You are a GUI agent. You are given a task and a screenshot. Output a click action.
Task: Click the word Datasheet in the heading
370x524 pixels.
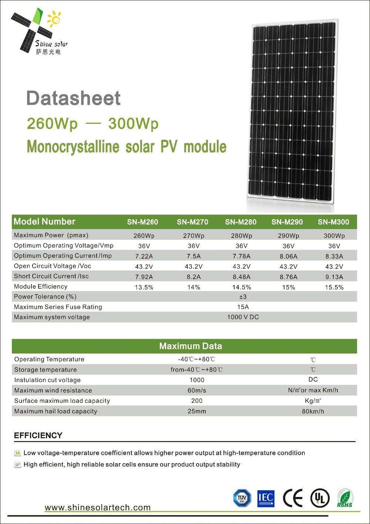click(x=73, y=98)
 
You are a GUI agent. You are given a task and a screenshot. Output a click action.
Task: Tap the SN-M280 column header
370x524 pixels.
click(x=240, y=222)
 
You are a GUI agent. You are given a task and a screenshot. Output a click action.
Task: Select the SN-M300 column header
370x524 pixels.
click(x=333, y=222)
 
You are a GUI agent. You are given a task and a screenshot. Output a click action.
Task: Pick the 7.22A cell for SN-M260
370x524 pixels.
click(x=144, y=256)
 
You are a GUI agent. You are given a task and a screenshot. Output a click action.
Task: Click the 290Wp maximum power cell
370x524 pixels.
click(x=289, y=236)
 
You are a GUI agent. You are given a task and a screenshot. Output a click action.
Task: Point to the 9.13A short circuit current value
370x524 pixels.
click(x=334, y=277)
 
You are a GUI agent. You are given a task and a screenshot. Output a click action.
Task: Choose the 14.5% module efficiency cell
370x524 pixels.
click(x=242, y=287)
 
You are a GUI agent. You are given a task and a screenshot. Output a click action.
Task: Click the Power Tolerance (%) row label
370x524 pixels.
click(x=45, y=296)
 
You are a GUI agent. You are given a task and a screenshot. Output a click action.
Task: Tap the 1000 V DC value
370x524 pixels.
click(x=243, y=317)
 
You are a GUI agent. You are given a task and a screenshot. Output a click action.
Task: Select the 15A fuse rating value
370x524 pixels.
click(x=243, y=307)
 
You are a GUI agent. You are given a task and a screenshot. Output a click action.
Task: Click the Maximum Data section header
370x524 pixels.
click(x=191, y=346)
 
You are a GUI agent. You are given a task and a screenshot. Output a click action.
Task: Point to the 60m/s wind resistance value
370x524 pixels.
click(x=197, y=391)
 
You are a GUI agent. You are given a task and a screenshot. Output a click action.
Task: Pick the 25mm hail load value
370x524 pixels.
click(x=197, y=411)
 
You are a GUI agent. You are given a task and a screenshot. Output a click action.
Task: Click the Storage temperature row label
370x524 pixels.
click(x=46, y=370)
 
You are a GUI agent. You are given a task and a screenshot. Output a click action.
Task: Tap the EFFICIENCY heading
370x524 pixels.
click(x=38, y=435)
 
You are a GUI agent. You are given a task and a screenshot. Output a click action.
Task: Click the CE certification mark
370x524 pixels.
click(x=293, y=498)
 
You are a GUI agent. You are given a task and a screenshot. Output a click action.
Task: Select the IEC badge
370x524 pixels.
click(x=266, y=498)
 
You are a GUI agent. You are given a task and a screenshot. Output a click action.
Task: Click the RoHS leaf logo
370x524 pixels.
click(x=345, y=498)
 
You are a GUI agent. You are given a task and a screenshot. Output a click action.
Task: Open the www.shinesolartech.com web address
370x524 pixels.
click(x=98, y=508)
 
